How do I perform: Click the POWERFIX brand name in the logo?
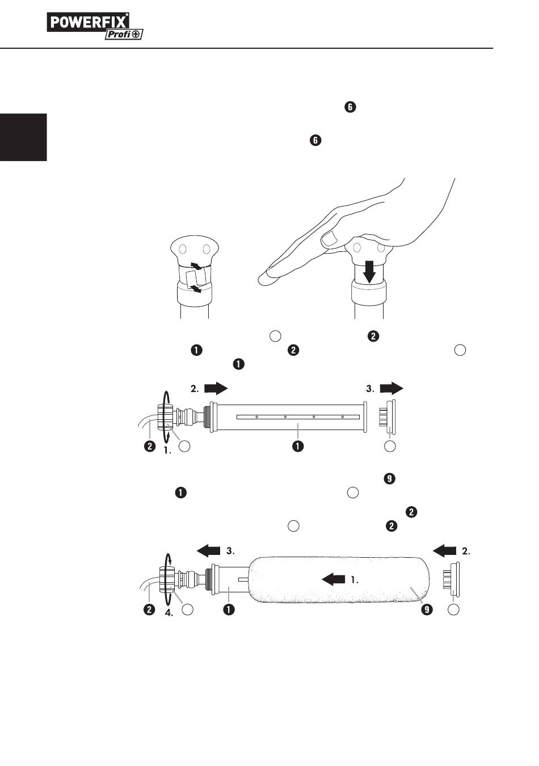[x=88, y=22]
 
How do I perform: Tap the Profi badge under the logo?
[x=123, y=35]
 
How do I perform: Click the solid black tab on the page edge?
[x=23, y=137]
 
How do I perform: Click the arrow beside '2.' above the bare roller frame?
[x=215, y=388]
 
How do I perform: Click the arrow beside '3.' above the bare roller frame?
[x=391, y=388]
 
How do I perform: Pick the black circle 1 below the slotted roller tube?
[x=297, y=447]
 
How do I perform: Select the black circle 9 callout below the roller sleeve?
[x=427, y=610]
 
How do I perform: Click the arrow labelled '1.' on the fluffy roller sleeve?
[x=334, y=579]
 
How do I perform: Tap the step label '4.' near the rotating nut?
[x=169, y=613]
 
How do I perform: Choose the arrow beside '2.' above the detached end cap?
[x=445, y=550]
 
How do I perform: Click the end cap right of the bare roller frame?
[x=389, y=417]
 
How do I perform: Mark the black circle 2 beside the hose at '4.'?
[x=149, y=610]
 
